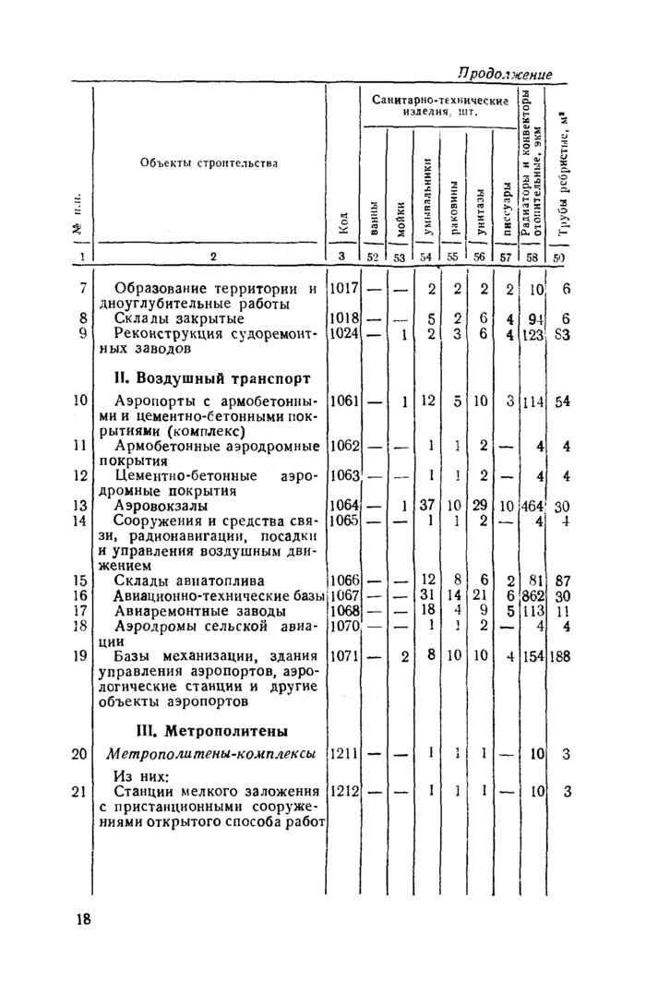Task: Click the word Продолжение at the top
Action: [504, 74]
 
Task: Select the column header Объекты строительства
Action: [209, 163]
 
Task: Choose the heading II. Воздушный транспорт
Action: [211, 377]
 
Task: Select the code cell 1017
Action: [343, 289]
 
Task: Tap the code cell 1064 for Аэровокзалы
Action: [343, 506]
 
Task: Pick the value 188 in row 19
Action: [563, 655]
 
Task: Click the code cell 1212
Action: [343, 790]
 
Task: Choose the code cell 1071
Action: [343, 655]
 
